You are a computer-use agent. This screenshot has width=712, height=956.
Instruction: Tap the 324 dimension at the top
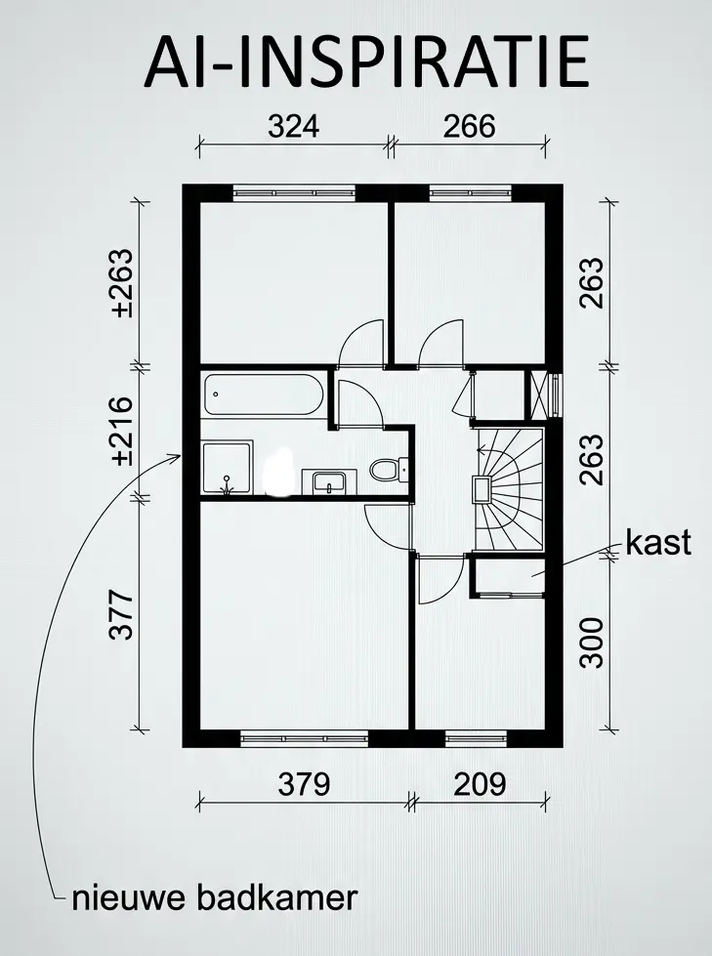pyautogui.click(x=294, y=127)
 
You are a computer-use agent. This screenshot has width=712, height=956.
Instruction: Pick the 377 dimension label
pyautogui.click(x=121, y=614)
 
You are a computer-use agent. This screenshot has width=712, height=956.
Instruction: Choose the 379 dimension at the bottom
pyautogui.click(x=304, y=783)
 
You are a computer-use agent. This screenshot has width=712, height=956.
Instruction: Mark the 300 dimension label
pyautogui.click(x=592, y=642)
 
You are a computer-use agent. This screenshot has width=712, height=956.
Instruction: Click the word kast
pyautogui.click(x=658, y=543)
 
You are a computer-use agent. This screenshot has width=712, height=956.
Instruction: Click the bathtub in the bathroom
pyautogui.click(x=264, y=396)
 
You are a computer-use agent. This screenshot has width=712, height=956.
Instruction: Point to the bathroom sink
pyautogui.click(x=329, y=480)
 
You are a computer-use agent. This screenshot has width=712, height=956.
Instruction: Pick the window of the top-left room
pyautogui.click(x=294, y=192)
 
